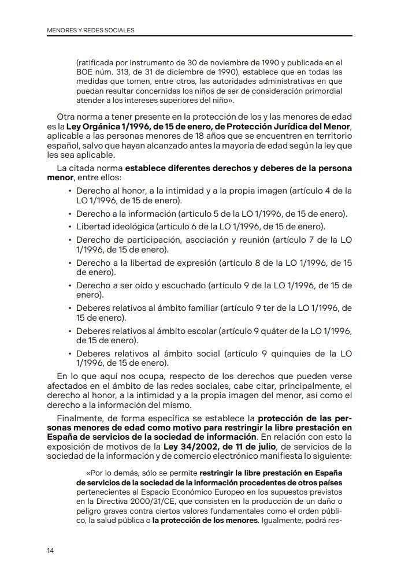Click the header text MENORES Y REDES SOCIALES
[91, 30]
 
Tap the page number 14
[51, 550]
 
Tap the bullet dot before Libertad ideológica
[70, 226]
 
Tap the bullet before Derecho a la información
[70, 214]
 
